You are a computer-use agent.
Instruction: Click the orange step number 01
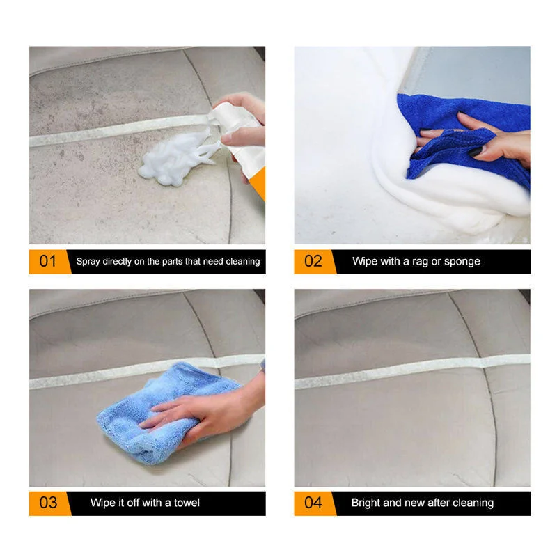pos(47,262)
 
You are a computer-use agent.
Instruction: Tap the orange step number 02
pos(313,262)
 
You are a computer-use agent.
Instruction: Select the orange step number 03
pos(47,503)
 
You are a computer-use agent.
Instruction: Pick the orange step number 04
pos(313,503)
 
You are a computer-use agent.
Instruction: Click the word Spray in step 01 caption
pos(88,262)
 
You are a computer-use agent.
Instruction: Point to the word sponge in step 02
pos(462,262)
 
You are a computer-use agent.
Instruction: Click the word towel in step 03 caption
pos(186,503)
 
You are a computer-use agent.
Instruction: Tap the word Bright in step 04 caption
pos(366,503)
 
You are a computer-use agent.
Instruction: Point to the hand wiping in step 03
pos(209,411)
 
